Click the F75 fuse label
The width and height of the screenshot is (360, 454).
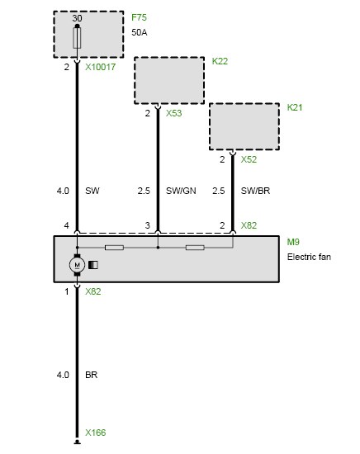pos(139,17)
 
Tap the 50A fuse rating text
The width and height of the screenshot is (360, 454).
pos(140,32)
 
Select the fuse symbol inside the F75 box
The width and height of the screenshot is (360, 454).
pos(77,38)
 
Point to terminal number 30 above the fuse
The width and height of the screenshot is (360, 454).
pos(77,18)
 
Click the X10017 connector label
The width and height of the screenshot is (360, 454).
pos(100,67)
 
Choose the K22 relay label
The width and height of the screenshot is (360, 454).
pos(220,61)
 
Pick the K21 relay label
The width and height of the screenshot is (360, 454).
pos(295,107)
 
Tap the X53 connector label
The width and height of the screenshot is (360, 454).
pos(173,113)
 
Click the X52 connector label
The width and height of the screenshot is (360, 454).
pos(249,159)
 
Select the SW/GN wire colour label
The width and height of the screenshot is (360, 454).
pos(181,191)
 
